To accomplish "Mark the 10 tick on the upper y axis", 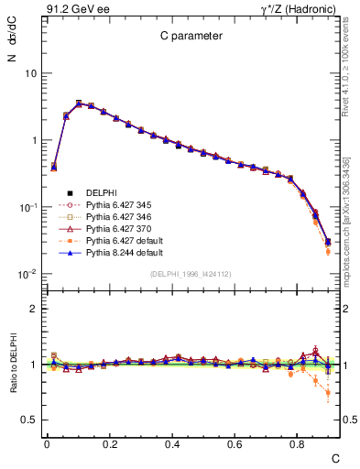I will pos(29,73).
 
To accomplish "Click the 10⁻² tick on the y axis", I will pos(27,274).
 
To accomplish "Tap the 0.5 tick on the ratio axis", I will pos(28,420).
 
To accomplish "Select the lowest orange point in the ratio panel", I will pos(328,394).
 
